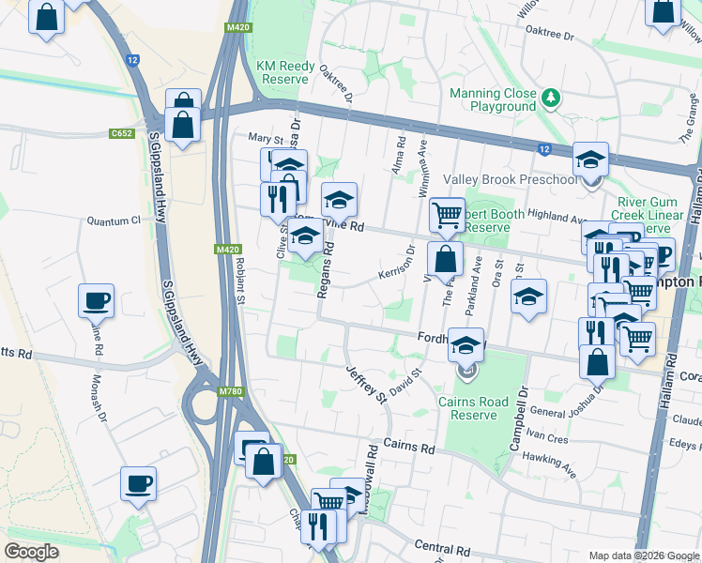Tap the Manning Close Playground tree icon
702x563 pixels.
pos(552,98)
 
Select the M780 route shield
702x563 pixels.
pos(228,391)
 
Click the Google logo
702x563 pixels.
pos(32,551)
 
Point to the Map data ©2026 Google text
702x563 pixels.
pos(644,555)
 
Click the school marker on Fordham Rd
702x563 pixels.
pos(466,345)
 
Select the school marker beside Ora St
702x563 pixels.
pos(528,297)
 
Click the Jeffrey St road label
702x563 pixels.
pos(367,386)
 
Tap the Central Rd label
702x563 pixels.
pos(442,548)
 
